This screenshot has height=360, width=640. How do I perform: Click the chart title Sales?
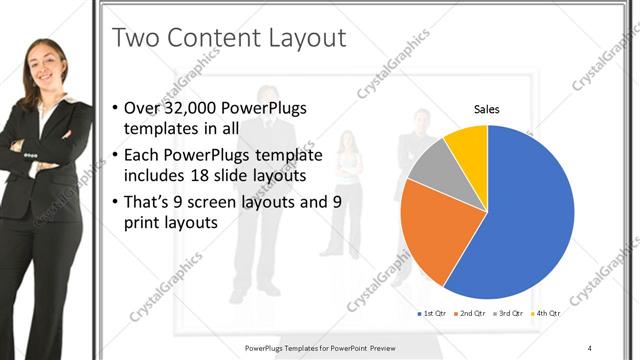coord(486,109)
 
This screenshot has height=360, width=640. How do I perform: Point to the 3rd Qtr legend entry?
coord(509,314)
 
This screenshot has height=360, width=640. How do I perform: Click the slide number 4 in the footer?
coord(589,347)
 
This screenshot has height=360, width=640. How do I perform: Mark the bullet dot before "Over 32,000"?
coord(116,109)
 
